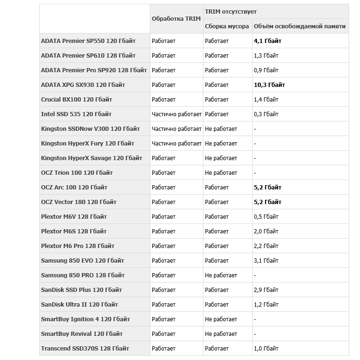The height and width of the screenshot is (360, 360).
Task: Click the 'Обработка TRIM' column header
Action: (176, 19)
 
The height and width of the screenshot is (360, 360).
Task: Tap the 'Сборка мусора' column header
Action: (227, 26)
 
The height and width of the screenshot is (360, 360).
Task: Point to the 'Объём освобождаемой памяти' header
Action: (299, 26)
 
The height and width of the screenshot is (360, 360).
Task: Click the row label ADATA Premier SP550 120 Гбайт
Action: (89, 41)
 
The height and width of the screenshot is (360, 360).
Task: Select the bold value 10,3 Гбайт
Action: (269, 85)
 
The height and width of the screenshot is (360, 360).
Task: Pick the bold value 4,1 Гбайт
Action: (267, 41)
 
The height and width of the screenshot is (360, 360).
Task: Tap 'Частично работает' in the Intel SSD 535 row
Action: (176, 114)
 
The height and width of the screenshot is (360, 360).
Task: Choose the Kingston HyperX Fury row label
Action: (88, 144)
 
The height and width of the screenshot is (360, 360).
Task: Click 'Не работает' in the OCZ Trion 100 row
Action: (221, 173)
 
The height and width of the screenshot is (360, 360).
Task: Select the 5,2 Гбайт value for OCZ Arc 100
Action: (267, 188)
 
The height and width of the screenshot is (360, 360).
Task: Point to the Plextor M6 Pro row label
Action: (78, 246)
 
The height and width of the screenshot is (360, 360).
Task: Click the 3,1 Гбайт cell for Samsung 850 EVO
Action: (266, 261)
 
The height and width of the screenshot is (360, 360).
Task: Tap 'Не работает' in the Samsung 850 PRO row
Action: (221, 275)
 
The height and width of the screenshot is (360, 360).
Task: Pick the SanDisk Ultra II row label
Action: (79, 305)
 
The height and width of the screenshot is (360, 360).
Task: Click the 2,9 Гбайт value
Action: (266, 290)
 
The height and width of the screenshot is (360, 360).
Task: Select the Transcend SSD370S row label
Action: (85, 349)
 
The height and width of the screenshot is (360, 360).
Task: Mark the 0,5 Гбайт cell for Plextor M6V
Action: (266, 217)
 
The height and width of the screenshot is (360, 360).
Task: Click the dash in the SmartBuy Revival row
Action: (255, 334)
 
